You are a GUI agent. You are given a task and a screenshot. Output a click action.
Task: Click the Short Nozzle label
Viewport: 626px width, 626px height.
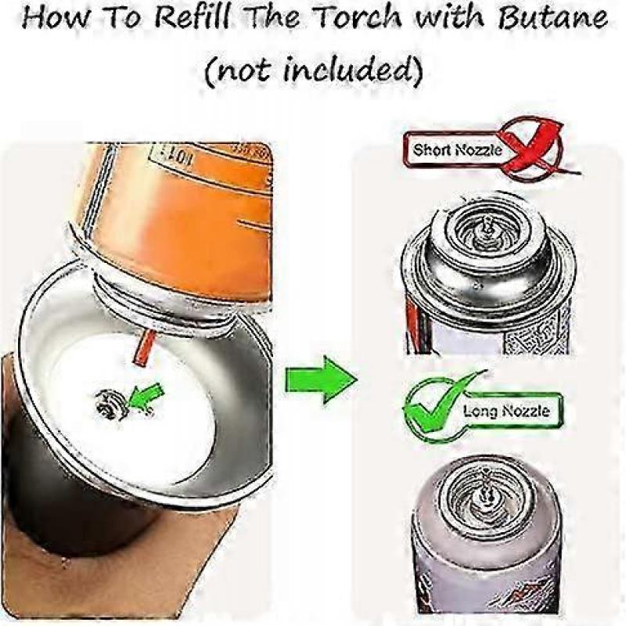tap(457, 149)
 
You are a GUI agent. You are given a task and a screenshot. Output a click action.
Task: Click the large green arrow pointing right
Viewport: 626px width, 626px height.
tap(316, 379)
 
